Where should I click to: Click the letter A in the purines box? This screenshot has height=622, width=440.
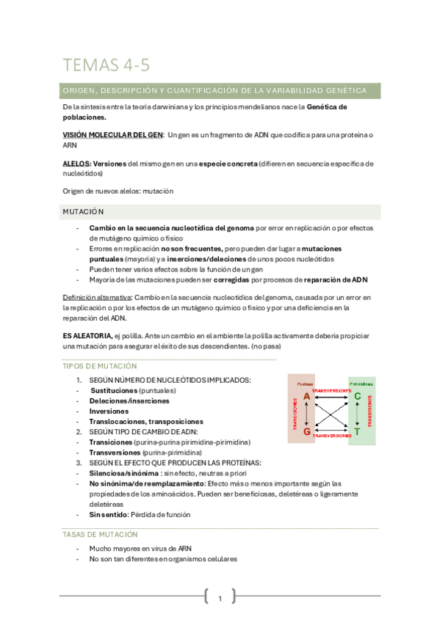click(307, 397)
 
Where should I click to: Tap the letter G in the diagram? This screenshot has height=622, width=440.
click(307, 431)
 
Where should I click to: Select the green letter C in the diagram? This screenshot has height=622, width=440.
click(357, 397)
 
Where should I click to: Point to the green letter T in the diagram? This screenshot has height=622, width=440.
click(357, 432)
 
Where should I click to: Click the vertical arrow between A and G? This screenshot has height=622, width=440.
click(307, 414)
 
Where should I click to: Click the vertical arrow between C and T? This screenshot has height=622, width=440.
click(357, 414)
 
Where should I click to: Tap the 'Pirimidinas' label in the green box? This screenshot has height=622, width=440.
click(360, 384)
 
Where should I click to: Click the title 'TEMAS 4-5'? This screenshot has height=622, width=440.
click(107, 65)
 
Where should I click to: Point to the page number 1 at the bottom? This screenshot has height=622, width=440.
click(220, 599)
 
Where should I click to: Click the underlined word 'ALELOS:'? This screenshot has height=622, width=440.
click(77, 163)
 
